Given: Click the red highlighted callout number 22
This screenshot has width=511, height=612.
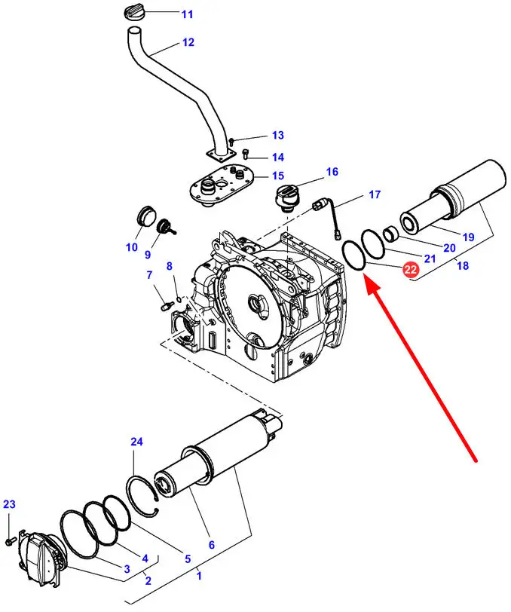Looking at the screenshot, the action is coord(411,270).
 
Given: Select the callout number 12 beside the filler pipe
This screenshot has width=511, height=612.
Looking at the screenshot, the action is coord(188,42).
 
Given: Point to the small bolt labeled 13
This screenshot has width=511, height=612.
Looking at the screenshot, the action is coord(231,140).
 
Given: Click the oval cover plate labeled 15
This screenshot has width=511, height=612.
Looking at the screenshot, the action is coord(222,185).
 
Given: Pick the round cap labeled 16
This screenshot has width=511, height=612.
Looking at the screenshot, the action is coord(288,198).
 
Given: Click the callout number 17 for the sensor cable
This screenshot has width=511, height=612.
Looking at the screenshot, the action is coord(375,194).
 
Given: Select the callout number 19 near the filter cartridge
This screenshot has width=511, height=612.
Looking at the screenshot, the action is coord(469,237).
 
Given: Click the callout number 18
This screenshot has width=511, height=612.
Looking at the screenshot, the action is coord(463,266).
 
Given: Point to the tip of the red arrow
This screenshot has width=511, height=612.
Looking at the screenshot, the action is coord(365,275).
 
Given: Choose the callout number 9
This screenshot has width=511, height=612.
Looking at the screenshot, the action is coord(148,255).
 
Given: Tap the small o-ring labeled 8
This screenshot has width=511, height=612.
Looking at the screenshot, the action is coord(179,299).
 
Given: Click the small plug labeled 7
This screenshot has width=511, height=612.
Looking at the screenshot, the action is coord(167,305).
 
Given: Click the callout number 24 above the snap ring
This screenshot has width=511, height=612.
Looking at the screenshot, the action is coord(136,442).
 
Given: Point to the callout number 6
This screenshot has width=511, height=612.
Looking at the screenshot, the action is coord(212,544).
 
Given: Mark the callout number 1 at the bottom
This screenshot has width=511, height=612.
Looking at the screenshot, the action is coord(199,576).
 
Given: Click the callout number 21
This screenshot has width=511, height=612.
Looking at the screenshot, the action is coord(430,259).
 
